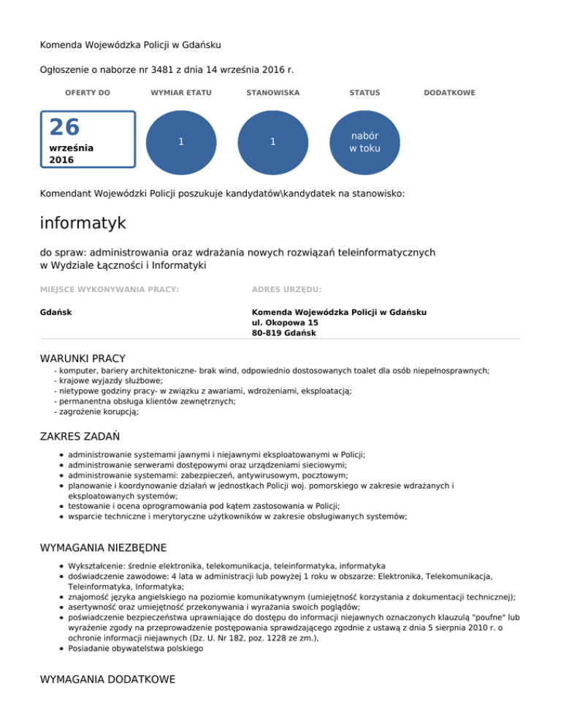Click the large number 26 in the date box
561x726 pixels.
[64, 127]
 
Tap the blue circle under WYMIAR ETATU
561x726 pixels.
[180, 142]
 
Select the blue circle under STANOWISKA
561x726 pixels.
[272, 142]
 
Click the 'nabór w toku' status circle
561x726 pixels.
[364, 142]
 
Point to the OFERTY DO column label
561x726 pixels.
[88, 93]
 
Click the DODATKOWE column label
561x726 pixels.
[450, 93]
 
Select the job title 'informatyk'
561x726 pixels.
[83, 221]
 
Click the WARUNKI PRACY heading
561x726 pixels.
[83, 358]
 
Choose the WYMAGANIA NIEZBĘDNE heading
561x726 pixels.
[104, 547]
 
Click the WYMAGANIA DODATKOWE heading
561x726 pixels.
[107, 679]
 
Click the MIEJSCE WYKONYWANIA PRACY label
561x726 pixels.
[110, 289]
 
